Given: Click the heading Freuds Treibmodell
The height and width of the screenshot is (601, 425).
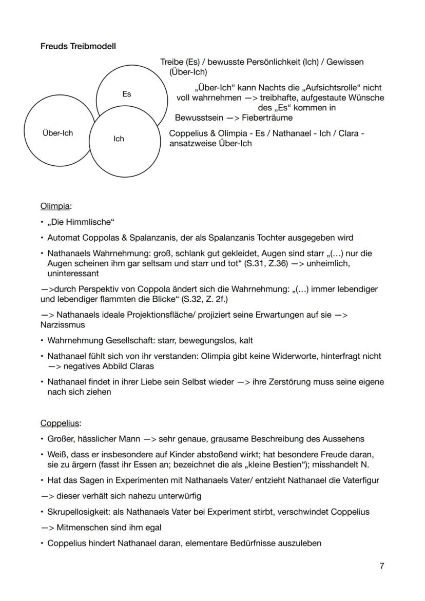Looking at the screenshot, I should pyautogui.click(x=78, y=46).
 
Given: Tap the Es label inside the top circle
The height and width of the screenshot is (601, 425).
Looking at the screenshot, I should pyautogui.click(x=126, y=94).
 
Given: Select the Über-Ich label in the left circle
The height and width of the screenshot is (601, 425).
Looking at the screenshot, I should pyautogui.click(x=57, y=133).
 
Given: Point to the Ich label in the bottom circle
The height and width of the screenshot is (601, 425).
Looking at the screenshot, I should pyautogui.click(x=119, y=139).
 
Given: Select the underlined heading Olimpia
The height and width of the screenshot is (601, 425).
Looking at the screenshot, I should pyautogui.click(x=55, y=206).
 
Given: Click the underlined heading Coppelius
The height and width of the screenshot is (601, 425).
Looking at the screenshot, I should pyautogui.click(x=61, y=423).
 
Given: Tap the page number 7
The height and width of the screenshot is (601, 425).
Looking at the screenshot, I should pyautogui.click(x=381, y=566).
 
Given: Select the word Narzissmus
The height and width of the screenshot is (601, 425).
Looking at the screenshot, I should pyautogui.click(x=63, y=325).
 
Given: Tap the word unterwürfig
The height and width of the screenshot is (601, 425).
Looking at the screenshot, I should pyautogui.click(x=177, y=496).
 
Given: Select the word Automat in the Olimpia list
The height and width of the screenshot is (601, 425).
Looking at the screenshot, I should pyautogui.click(x=63, y=238).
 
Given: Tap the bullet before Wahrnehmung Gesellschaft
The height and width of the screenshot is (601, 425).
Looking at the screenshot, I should pyautogui.click(x=43, y=341).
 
